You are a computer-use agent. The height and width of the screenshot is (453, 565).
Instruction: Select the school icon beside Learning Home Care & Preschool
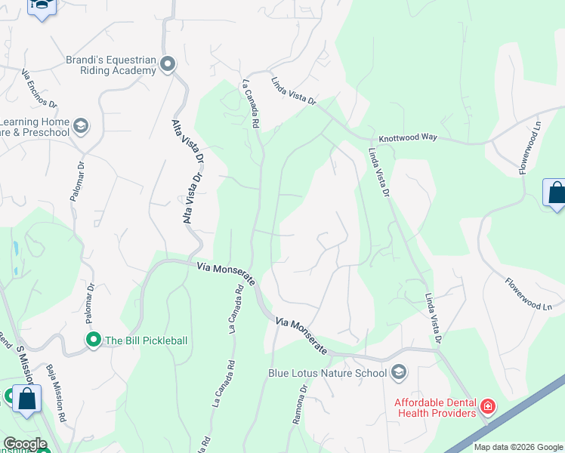click(81, 125)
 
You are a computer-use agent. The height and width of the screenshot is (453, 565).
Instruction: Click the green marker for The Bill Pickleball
click(94, 341)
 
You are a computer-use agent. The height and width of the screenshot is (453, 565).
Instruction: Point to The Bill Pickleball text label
click(146, 341)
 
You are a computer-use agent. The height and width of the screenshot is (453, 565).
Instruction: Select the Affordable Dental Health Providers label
click(435, 407)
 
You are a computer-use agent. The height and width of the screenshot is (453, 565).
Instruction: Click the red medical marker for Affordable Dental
click(488, 408)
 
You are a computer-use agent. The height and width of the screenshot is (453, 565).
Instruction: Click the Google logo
click(25, 444)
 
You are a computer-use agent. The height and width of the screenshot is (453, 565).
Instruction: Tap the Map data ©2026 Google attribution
click(517, 447)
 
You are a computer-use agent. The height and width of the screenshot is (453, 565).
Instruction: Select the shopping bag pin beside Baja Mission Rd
click(26, 400)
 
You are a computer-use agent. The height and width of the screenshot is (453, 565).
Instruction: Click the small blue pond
click(15, 247)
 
